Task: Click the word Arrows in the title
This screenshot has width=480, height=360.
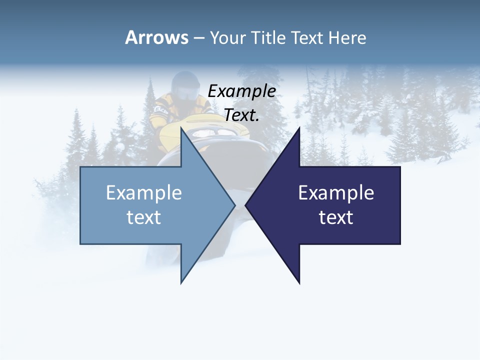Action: [x=156, y=37]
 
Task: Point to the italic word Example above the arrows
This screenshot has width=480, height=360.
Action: [x=241, y=91]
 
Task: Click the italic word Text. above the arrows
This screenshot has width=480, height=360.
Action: [x=241, y=115]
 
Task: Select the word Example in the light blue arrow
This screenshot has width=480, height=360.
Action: [x=144, y=192]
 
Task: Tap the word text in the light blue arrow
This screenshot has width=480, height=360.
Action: [x=144, y=217]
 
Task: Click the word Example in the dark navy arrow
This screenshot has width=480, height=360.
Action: [x=336, y=192]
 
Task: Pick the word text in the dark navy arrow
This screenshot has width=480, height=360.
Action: [x=336, y=217]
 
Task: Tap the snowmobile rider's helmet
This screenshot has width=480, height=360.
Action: [x=183, y=85]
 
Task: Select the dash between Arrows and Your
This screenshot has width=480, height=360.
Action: [x=198, y=38]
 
